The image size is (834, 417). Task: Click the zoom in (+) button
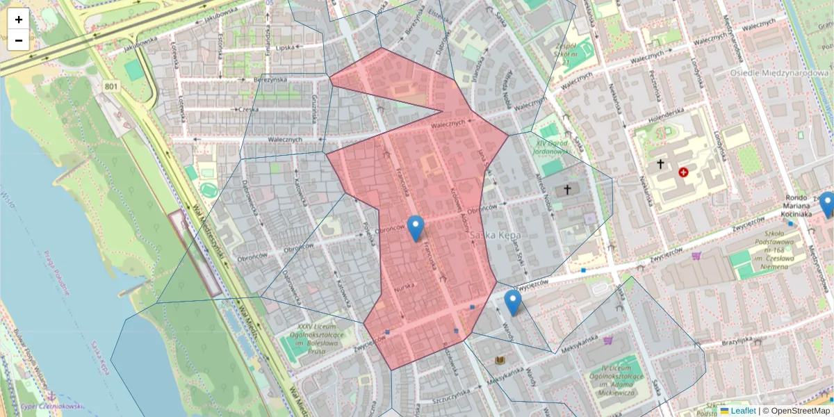[18, 19]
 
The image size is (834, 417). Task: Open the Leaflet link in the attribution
[743, 411]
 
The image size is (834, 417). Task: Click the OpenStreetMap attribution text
[800, 411]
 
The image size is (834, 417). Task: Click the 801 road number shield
[111, 85]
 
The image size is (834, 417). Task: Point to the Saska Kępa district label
[496, 236]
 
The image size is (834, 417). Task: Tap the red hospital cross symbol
[683, 171]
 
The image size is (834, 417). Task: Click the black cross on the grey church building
[567, 189]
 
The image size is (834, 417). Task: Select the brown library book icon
[499, 360]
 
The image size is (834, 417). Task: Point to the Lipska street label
[286, 48]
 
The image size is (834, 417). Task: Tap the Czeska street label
[247, 109]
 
